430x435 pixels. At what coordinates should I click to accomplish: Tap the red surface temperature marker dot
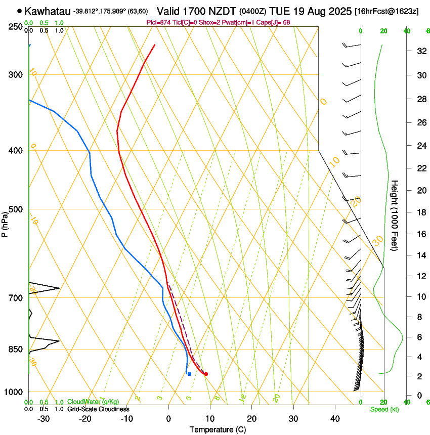[x=206, y=374]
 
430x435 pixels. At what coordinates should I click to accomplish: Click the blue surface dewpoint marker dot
[x=189, y=374]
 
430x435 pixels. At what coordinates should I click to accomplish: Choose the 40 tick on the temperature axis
[x=334, y=419]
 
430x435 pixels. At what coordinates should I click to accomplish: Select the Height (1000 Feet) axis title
[x=395, y=215]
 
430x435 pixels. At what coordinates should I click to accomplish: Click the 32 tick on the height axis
[x=420, y=51]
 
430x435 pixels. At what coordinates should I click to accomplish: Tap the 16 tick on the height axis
[x=420, y=234]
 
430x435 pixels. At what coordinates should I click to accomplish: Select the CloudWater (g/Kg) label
[x=93, y=402]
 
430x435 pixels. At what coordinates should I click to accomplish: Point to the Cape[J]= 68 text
[x=272, y=22]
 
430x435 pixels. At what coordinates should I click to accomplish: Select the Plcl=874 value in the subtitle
[x=158, y=22]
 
